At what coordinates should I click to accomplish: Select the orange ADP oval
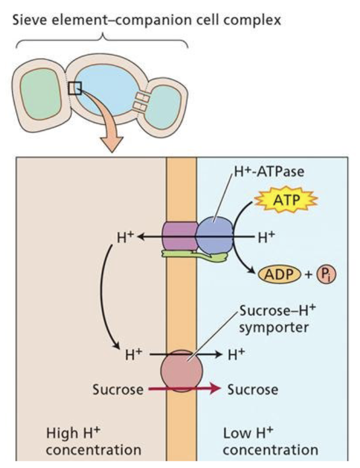(x=278, y=274)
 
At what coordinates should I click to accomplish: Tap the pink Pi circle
(x=325, y=274)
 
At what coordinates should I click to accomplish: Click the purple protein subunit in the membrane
(x=179, y=236)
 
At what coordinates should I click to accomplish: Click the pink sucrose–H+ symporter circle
(x=182, y=369)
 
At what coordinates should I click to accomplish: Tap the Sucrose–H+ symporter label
(x=270, y=318)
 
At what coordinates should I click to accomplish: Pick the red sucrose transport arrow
(x=184, y=389)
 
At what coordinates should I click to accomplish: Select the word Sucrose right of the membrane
(x=252, y=389)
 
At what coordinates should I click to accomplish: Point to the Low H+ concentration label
(x=270, y=441)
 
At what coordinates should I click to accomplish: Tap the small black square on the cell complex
(x=75, y=87)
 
